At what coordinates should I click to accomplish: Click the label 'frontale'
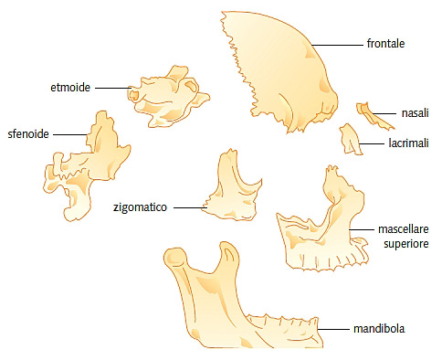click(x=385, y=44)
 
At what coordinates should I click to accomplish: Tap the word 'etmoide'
click(x=70, y=88)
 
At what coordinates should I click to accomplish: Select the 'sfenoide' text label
click(x=28, y=133)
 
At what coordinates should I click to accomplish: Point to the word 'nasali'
click(x=416, y=113)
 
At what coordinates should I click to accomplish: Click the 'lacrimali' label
click(x=408, y=143)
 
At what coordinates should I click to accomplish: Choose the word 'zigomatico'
click(x=140, y=207)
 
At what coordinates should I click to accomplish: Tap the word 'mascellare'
click(x=404, y=229)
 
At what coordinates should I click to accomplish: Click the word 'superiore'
click(x=406, y=244)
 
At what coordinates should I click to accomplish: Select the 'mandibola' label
click(x=379, y=329)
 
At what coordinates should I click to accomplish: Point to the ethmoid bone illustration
click(x=167, y=98)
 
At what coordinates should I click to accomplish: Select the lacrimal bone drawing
click(x=350, y=139)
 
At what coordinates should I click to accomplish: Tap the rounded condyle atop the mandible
click(x=175, y=258)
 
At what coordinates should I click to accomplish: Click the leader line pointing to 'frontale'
click(x=337, y=45)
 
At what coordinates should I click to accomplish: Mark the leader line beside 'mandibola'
click(x=333, y=329)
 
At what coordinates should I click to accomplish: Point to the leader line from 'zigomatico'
click(x=191, y=208)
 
